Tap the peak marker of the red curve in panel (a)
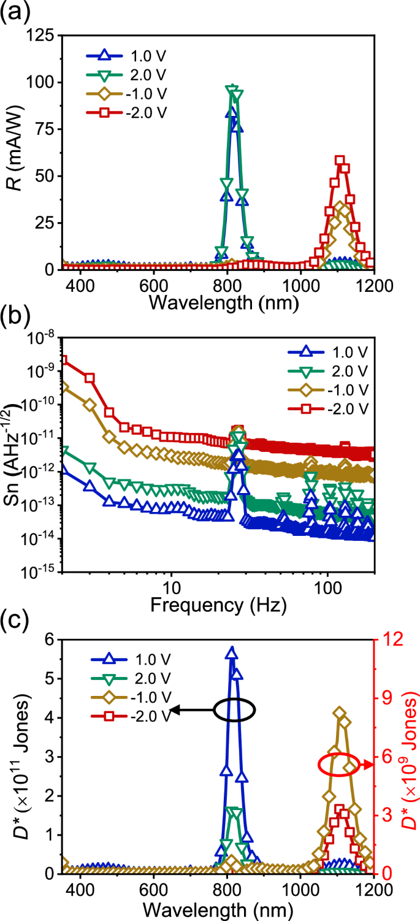pos(340,161)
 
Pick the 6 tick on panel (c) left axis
pos(49,639)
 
